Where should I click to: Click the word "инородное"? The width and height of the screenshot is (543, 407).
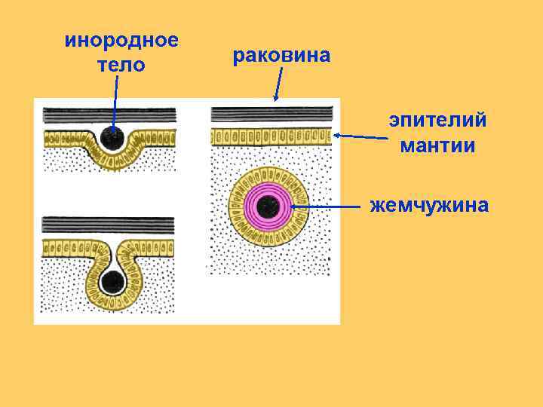[121, 40]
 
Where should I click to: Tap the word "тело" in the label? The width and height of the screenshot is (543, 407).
[121, 65]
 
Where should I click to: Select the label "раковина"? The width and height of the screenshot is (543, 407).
[281, 55]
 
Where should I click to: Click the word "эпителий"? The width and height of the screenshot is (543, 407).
[437, 120]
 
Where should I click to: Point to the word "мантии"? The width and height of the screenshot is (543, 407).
[437, 145]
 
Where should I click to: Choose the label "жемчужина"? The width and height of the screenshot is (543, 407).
[429, 205]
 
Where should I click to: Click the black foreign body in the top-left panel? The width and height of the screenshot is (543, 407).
[114, 137]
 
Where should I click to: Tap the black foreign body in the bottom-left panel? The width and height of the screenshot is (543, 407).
[113, 282]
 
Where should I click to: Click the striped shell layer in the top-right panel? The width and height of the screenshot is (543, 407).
[271, 114]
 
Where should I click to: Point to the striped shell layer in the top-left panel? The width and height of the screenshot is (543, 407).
[109, 115]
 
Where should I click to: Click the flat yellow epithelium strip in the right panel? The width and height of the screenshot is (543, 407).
[271, 136]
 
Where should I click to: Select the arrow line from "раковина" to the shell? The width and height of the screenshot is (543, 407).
[279, 83]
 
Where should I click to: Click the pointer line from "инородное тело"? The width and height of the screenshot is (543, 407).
[115, 102]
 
